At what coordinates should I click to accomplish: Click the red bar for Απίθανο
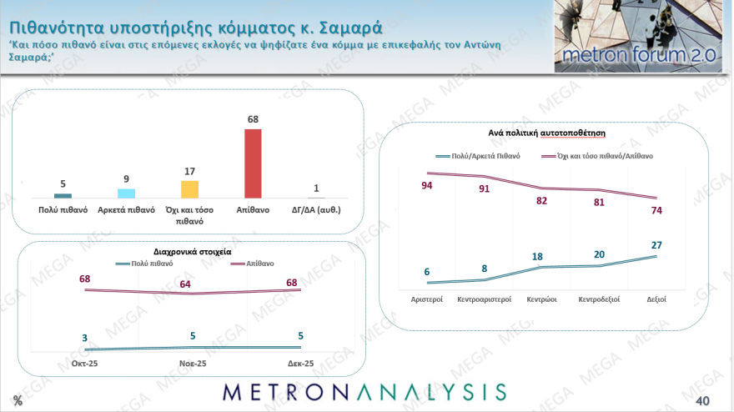coord(252,163)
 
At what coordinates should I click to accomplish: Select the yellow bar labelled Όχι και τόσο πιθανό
coord(190,189)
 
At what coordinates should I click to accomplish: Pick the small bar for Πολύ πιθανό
coord(63,195)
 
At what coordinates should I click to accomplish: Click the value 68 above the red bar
coord(253,119)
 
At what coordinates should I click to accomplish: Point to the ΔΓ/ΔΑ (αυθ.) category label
coord(316,209)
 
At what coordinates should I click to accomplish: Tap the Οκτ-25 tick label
coord(85,363)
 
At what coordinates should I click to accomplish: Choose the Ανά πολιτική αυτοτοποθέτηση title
coord(546,133)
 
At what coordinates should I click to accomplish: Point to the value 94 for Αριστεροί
coord(427,185)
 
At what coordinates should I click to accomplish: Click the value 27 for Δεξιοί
coord(656,244)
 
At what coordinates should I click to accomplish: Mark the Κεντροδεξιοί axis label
coord(599,298)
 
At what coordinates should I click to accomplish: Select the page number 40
coord(701,399)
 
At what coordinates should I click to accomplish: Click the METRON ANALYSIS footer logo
coord(364,392)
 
